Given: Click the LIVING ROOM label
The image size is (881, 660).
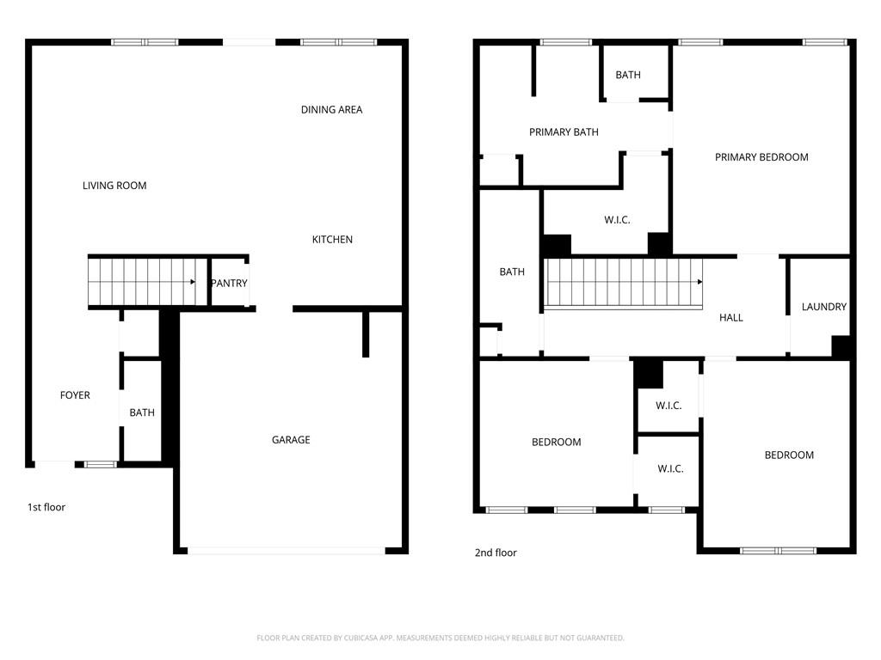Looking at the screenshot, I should click(x=114, y=186).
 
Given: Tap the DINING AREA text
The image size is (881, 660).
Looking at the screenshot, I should click(x=331, y=110).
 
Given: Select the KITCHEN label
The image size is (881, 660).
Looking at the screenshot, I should click(x=332, y=240).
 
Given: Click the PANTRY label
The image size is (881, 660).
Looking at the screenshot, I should click(x=229, y=284).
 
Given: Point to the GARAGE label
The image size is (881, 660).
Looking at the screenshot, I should click(x=291, y=440).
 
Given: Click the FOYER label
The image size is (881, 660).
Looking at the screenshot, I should click(x=75, y=395).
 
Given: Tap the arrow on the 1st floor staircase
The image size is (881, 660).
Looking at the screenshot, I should click(x=194, y=281).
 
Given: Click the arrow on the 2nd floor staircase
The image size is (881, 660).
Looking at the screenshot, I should click(x=699, y=282).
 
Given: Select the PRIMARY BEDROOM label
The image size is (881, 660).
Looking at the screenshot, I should click(x=761, y=157).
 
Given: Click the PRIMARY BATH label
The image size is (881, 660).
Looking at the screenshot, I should click(x=564, y=132).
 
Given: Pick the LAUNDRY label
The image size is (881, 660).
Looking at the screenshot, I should click(x=823, y=307).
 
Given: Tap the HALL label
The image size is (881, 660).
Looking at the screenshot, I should click(x=730, y=318).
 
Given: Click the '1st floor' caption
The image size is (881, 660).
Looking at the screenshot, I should click(x=46, y=508).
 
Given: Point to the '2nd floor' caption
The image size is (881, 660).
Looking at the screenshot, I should click(x=496, y=553).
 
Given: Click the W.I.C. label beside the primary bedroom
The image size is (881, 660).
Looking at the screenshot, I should click(x=617, y=221).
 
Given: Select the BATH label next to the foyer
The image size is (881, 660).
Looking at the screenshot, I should click(x=142, y=413).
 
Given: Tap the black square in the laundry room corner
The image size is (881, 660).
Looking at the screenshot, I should click(x=841, y=346).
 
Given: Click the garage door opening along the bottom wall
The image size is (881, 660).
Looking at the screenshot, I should click(x=286, y=550).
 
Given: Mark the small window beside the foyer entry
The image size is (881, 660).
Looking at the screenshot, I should click(x=101, y=464).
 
